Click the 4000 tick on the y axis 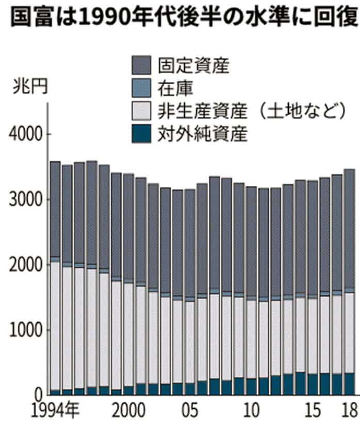(x=24, y=135)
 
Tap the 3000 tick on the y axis (x=24, y=200)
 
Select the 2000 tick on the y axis (x=24, y=265)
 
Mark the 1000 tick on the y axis (x=24, y=330)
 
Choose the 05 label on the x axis (x=190, y=412)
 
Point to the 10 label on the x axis (x=251, y=412)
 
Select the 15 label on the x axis (x=313, y=412)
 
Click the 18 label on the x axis (x=349, y=412)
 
